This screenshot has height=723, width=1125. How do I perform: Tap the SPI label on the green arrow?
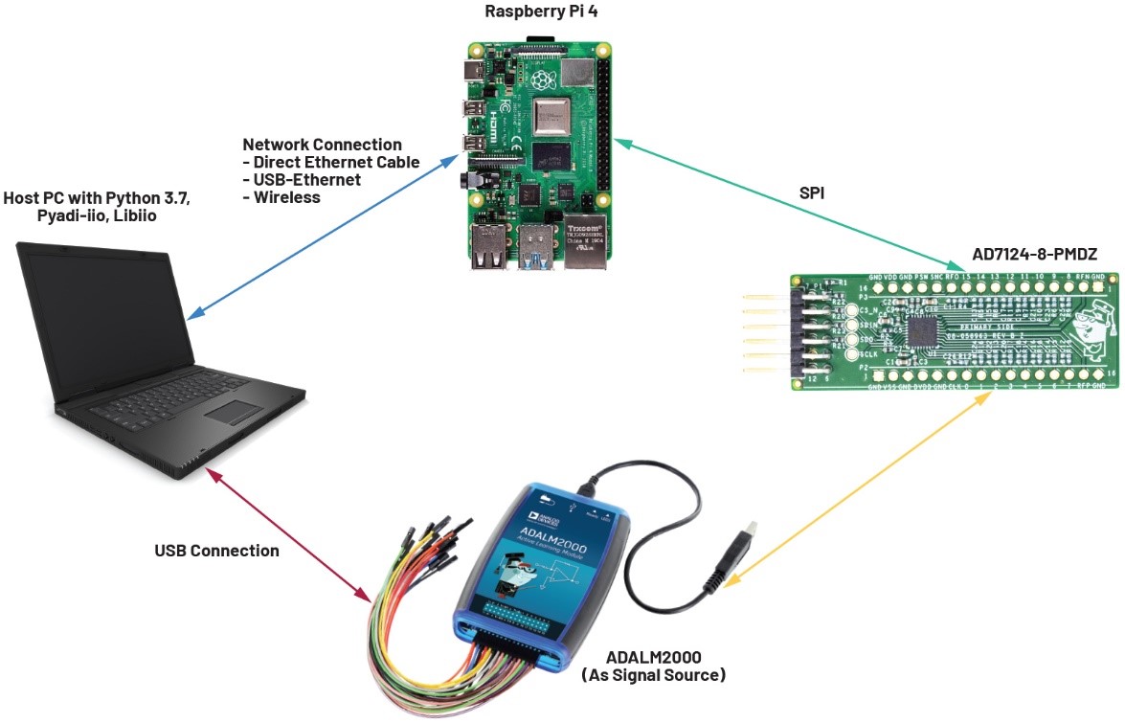click(x=814, y=192)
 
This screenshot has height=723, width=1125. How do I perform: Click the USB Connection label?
click(x=217, y=551)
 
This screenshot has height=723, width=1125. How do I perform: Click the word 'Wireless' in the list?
click(x=287, y=197)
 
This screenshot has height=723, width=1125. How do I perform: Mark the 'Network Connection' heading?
click(x=322, y=145)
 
